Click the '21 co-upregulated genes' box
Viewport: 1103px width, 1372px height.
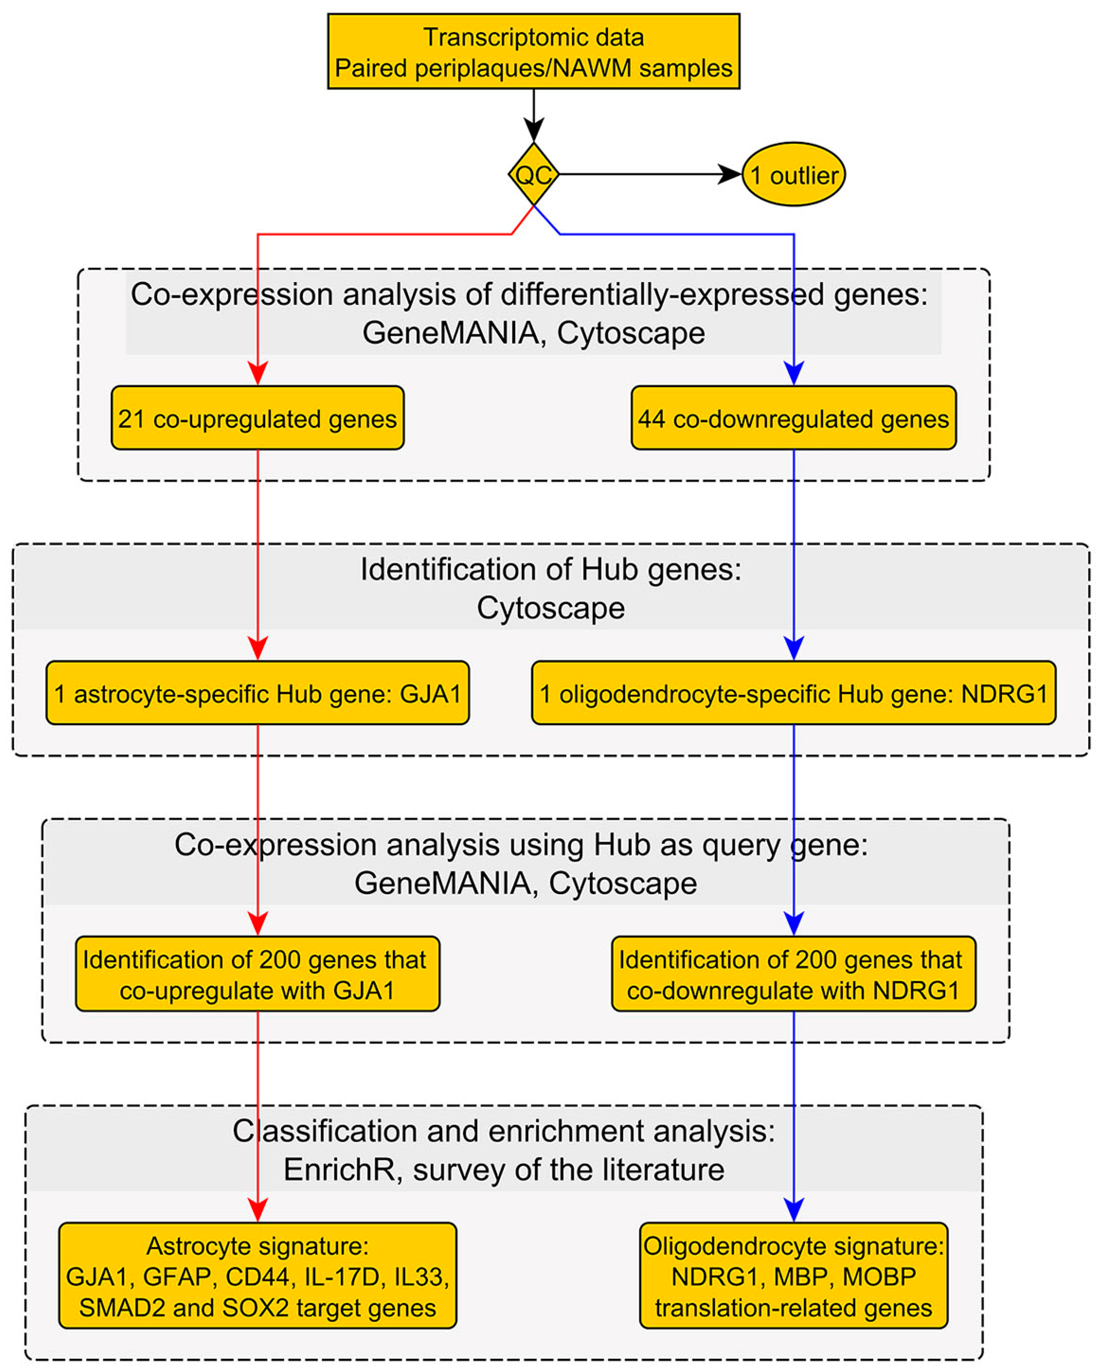tap(257, 418)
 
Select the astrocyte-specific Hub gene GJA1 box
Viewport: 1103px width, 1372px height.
tap(257, 693)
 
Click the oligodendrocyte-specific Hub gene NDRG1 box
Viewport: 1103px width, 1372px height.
tap(793, 693)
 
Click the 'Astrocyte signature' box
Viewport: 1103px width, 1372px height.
tap(257, 1276)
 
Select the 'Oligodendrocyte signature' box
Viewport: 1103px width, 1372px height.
tap(793, 1276)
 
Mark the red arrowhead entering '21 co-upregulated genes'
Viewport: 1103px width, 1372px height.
tap(257, 374)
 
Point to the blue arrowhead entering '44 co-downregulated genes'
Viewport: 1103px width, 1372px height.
tap(793, 374)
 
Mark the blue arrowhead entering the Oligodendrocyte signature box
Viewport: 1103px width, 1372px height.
tap(793, 1209)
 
